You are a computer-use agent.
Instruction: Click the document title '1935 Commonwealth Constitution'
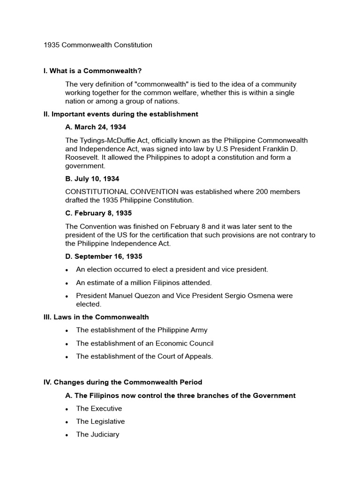point(97,45)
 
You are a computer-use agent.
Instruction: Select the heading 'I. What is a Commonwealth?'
point(92,71)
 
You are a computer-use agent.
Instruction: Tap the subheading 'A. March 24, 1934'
point(96,127)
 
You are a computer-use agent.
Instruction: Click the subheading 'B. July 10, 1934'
point(92,179)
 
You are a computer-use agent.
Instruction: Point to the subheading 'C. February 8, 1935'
point(98,213)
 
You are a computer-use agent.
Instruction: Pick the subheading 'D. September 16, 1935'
point(104,256)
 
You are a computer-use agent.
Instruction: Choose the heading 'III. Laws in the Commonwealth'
point(96,317)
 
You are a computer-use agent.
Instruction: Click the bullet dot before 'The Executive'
point(68,409)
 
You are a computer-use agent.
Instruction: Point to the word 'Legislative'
point(107,421)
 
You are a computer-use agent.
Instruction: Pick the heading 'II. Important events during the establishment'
point(120,114)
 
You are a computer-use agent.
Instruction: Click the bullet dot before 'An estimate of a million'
point(68,283)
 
